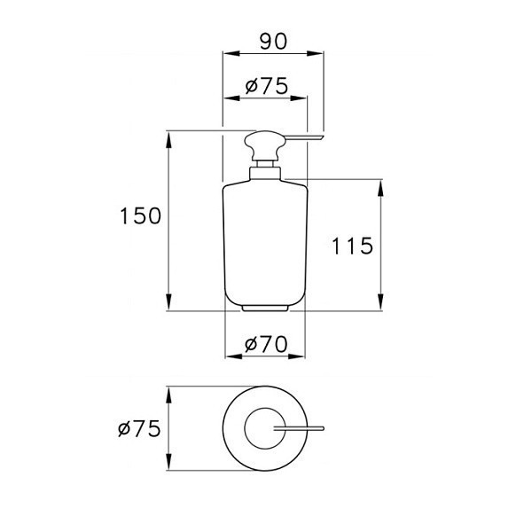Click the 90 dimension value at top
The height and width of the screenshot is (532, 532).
pos(272,40)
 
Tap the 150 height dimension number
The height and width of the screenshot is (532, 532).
pos(142,215)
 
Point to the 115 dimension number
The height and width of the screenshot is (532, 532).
pos(353,246)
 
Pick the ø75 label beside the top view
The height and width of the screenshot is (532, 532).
pos(138,429)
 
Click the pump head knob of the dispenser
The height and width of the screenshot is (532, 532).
pos(265,143)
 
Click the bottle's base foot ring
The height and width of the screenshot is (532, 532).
pos(265,308)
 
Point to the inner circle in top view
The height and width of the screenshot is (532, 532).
pos(264,429)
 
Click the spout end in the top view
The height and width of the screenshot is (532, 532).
pos(322,429)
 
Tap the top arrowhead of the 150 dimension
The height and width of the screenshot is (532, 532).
pos(168,137)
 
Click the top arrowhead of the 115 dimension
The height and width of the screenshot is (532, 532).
pos(381,184)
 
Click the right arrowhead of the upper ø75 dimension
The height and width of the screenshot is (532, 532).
pos(303,98)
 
